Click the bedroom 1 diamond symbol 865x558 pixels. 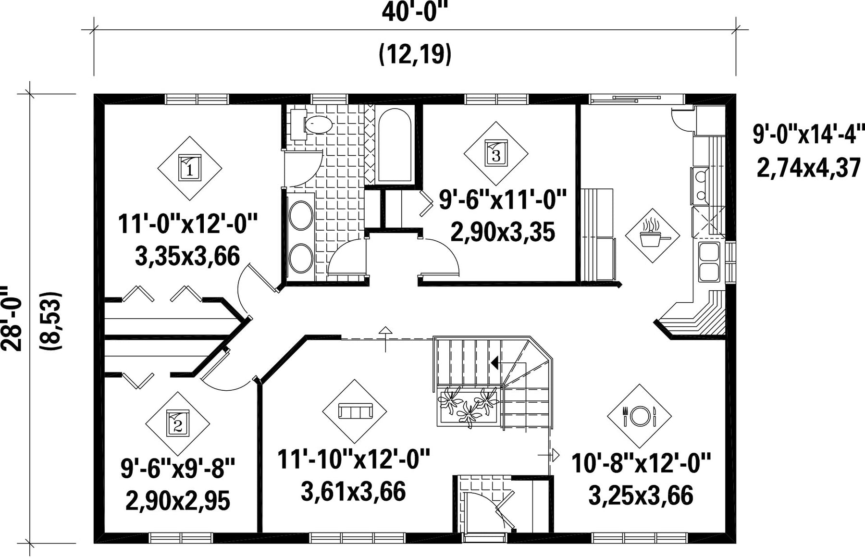[190, 168]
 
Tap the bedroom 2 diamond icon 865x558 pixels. [178, 424]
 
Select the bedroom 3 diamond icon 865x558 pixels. [496, 154]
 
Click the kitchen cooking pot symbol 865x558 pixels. [652, 236]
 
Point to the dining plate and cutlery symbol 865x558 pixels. [640, 416]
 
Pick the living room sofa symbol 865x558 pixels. [355, 411]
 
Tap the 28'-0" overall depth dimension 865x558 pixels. [12, 319]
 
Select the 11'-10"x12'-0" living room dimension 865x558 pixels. [354, 460]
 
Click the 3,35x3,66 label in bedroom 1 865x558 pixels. [187, 256]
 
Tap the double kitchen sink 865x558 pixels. [708, 262]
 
